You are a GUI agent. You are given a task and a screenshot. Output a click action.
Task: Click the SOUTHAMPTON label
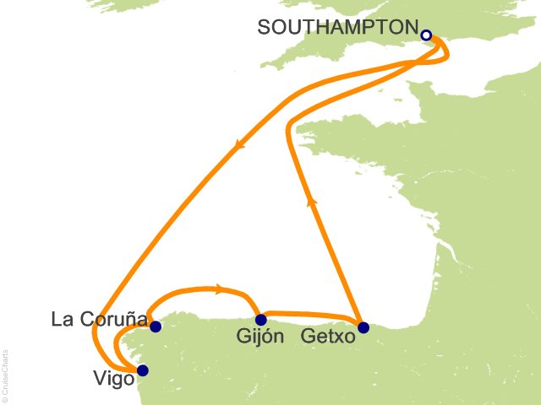point(337,28)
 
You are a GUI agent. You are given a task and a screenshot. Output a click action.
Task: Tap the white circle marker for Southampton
point(426,35)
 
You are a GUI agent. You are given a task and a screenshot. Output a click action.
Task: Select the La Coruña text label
point(97,320)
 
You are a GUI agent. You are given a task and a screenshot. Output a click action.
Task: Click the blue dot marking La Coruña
point(156,326)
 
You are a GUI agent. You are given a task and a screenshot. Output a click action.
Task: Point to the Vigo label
point(114,380)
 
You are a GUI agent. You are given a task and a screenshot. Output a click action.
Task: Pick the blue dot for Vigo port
point(142,370)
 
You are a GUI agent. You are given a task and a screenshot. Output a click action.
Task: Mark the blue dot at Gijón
point(261,320)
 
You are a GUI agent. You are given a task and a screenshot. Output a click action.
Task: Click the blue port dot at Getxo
point(363,327)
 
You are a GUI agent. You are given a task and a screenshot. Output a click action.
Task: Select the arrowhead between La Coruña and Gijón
point(221,289)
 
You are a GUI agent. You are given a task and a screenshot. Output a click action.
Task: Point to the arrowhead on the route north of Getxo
point(312,200)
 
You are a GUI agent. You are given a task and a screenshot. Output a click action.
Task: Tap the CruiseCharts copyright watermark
point(6,375)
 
